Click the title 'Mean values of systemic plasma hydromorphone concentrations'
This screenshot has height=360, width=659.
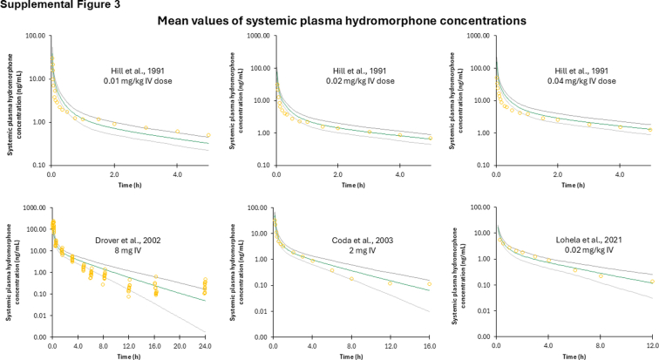coord(329,20)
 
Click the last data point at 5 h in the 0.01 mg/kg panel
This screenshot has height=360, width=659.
coord(207,135)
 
